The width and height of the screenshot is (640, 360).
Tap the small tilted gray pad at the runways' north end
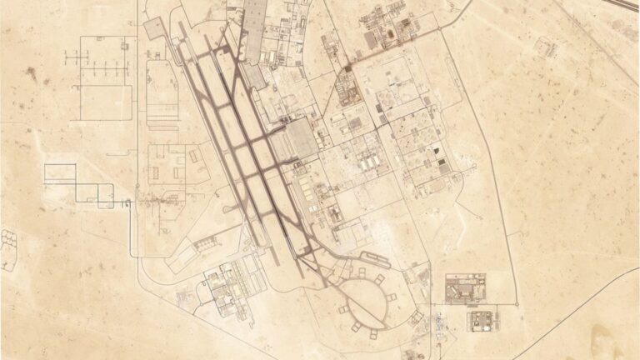pyautogui.click(x=155, y=28)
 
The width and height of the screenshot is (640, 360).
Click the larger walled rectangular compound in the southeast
pyautogui.click(x=465, y=289)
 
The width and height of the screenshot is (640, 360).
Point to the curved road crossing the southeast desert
pyautogui.click(x=575, y=300)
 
